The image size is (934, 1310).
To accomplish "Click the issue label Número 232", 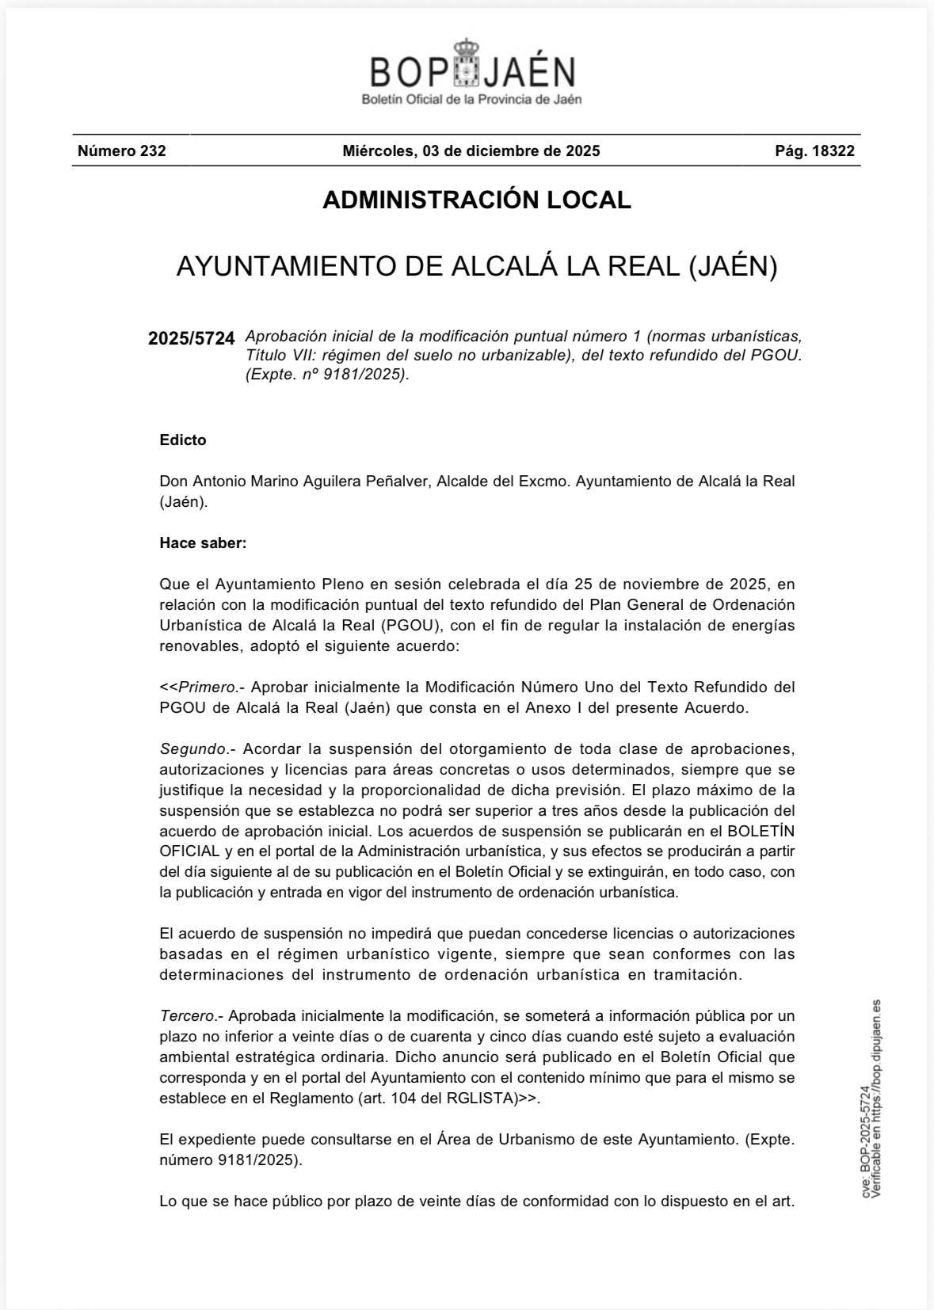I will point(121,150).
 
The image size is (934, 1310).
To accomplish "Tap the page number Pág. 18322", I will point(814,150).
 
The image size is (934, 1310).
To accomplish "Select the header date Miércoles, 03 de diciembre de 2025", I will point(471,150).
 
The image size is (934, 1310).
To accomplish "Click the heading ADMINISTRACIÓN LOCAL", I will point(476,200).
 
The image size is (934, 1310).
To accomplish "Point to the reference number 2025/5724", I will point(192,339).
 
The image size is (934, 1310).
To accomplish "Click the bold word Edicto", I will point(183,440).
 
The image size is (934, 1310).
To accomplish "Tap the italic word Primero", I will point(208,687).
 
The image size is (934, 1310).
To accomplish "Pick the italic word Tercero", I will point(187,1016).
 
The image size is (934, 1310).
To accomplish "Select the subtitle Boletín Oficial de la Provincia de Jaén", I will point(471,100).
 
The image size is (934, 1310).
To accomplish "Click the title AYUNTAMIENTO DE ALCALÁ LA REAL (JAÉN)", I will point(476,267).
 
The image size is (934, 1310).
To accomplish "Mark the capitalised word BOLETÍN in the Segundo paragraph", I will point(761,832).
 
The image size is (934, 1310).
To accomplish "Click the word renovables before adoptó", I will point(200,646).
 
